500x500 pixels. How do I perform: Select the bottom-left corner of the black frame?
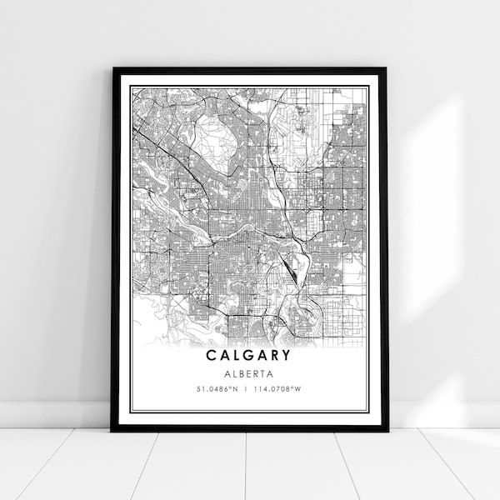(x=112, y=430)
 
